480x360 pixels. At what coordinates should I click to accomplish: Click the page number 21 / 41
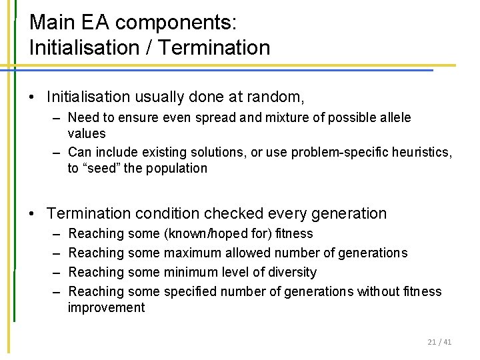pos(439,342)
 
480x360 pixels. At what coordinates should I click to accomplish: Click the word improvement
pos(106,307)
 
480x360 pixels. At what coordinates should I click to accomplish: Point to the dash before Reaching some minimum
pos(53,272)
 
